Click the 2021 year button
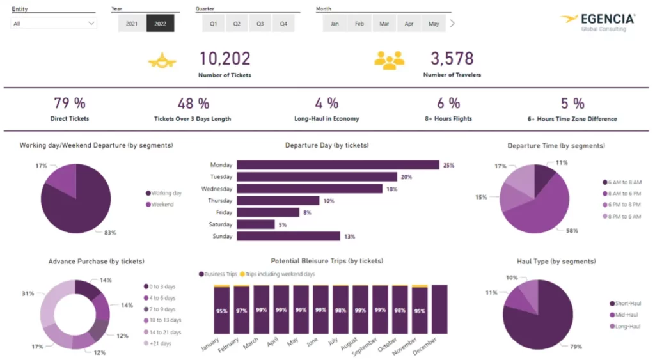[132, 24]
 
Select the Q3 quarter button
[260, 24]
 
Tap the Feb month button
[359, 24]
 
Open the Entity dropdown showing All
[54, 23]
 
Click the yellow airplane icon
[162, 61]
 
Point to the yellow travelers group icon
[390, 60]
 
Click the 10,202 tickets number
[225, 59]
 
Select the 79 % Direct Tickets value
[69, 103]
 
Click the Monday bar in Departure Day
[338, 165]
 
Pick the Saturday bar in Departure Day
[255, 224]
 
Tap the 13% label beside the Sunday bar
[349, 237]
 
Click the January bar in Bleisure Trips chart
[221, 311]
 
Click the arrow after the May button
[452, 24]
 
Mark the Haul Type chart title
[556, 261]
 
